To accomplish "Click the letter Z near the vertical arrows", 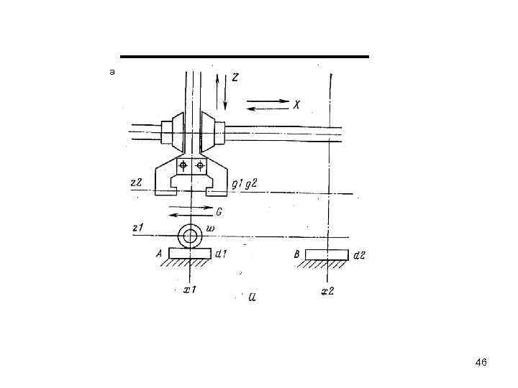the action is pyautogui.click(x=235, y=77).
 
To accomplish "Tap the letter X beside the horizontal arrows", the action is pyautogui.click(x=296, y=105).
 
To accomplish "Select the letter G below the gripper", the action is pyautogui.click(x=219, y=212).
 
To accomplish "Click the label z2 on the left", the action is pyautogui.click(x=136, y=182).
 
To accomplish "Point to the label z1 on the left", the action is pyautogui.click(x=137, y=228).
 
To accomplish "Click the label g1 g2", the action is pyautogui.click(x=244, y=184).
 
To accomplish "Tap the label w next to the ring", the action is pyautogui.click(x=210, y=228).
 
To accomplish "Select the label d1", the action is pyautogui.click(x=221, y=254).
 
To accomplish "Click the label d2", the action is pyautogui.click(x=359, y=255).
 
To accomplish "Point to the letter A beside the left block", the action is pyautogui.click(x=159, y=254).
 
